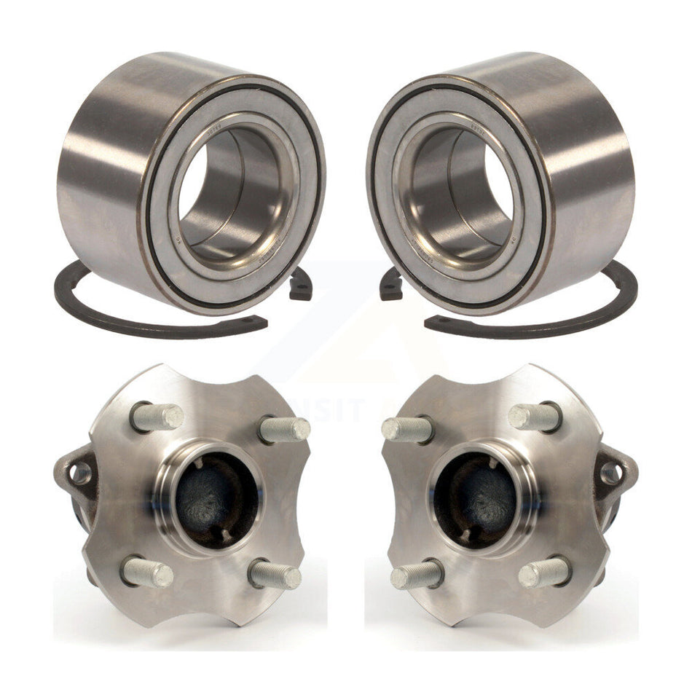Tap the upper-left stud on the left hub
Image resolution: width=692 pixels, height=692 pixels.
point(157,417)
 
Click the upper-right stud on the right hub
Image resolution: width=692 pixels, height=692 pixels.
point(535,417)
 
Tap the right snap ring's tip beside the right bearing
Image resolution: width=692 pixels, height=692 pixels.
point(392,285)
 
